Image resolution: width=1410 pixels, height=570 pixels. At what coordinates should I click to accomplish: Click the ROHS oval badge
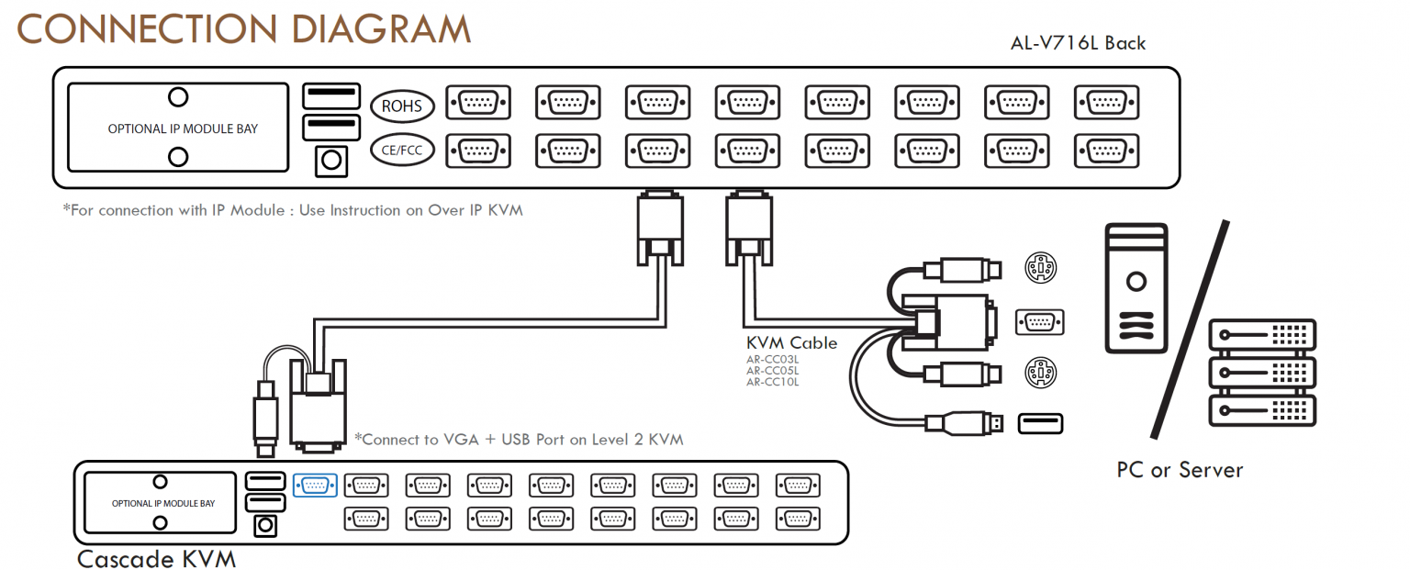point(401,106)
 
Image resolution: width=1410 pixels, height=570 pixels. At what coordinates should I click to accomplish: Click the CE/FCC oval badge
point(401,150)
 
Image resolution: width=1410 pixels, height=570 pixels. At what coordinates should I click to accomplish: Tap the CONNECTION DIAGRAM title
point(243,29)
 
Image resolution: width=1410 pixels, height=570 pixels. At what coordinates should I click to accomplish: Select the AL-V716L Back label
point(1077,43)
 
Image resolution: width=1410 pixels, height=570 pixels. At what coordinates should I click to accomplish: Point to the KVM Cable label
point(791,343)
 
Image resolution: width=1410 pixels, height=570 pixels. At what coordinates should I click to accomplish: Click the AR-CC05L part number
point(772,370)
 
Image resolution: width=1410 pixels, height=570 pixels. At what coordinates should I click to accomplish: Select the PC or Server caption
point(1179,470)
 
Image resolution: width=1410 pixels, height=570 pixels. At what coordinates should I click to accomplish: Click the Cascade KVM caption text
point(156,558)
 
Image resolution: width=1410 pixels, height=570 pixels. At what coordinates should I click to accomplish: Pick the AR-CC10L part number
point(772,382)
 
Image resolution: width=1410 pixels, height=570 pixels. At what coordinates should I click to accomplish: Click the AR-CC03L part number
point(772,359)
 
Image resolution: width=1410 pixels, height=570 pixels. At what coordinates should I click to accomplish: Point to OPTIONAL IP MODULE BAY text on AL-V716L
point(183,129)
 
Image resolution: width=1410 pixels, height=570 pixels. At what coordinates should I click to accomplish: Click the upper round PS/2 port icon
point(1040,269)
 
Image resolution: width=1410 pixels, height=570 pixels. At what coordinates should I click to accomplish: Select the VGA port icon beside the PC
point(1040,322)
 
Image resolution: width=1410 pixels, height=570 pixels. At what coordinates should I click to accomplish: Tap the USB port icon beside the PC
point(1040,423)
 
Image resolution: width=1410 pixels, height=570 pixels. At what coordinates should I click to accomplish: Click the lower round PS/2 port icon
point(1040,373)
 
